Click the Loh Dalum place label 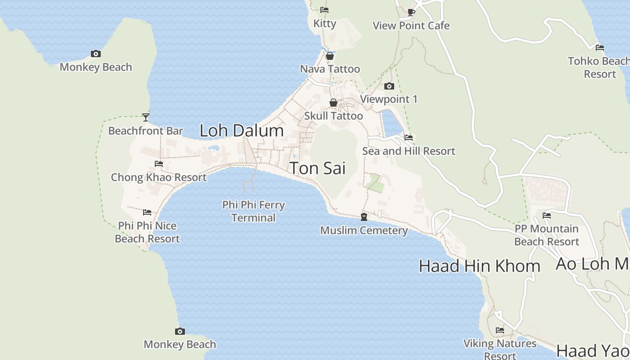[x=242, y=131]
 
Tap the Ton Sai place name [x=318, y=168]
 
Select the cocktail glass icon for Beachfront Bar [x=146, y=117]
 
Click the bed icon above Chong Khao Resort [x=159, y=164]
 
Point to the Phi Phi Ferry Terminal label [x=253, y=211]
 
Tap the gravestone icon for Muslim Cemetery [x=364, y=217]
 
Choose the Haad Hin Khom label [x=479, y=266]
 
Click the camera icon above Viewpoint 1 [x=389, y=86]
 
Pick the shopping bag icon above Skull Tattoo [x=333, y=103]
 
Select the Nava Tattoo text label [x=330, y=69]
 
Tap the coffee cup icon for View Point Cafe [x=411, y=12]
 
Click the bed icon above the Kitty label [x=324, y=10]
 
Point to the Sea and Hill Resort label [x=409, y=151]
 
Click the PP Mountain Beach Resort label [x=546, y=235]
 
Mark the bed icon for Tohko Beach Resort [x=599, y=47]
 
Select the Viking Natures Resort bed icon [x=500, y=330]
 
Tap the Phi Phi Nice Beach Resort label [x=147, y=232]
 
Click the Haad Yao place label [x=589, y=351]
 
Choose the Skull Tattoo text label [x=333, y=116]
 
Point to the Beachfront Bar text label [x=146, y=131]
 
